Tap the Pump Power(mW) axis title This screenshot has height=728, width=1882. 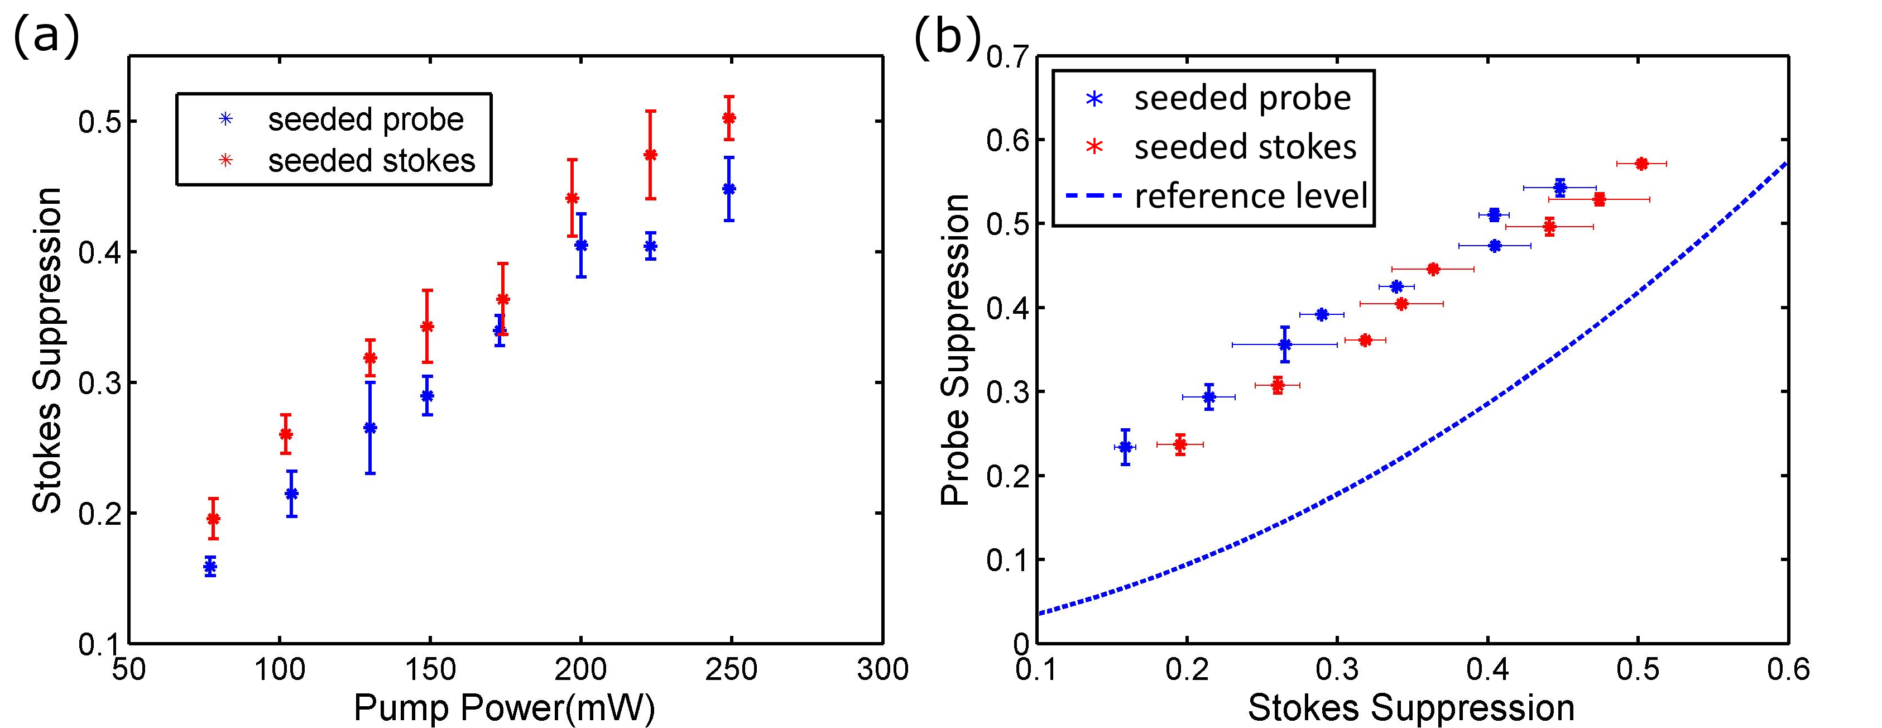pos(504,707)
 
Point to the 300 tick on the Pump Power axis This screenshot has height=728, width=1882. pos(882,669)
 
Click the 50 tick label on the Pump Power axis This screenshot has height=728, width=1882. pos(129,669)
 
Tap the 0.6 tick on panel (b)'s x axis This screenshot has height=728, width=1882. pos(1787,669)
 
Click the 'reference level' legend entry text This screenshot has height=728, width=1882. pos(1251,196)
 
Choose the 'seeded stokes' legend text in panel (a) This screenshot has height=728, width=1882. pos(371,160)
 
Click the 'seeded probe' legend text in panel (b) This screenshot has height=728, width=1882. pos(1242,98)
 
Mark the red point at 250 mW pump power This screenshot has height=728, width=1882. pos(728,118)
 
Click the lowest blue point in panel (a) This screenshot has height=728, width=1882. pos(210,567)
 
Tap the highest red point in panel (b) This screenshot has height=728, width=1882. pos(1641,164)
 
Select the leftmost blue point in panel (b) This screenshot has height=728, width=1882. pos(1125,447)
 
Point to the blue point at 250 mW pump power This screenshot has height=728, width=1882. pos(728,189)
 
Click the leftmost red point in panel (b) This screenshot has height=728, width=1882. pos(1179,444)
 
